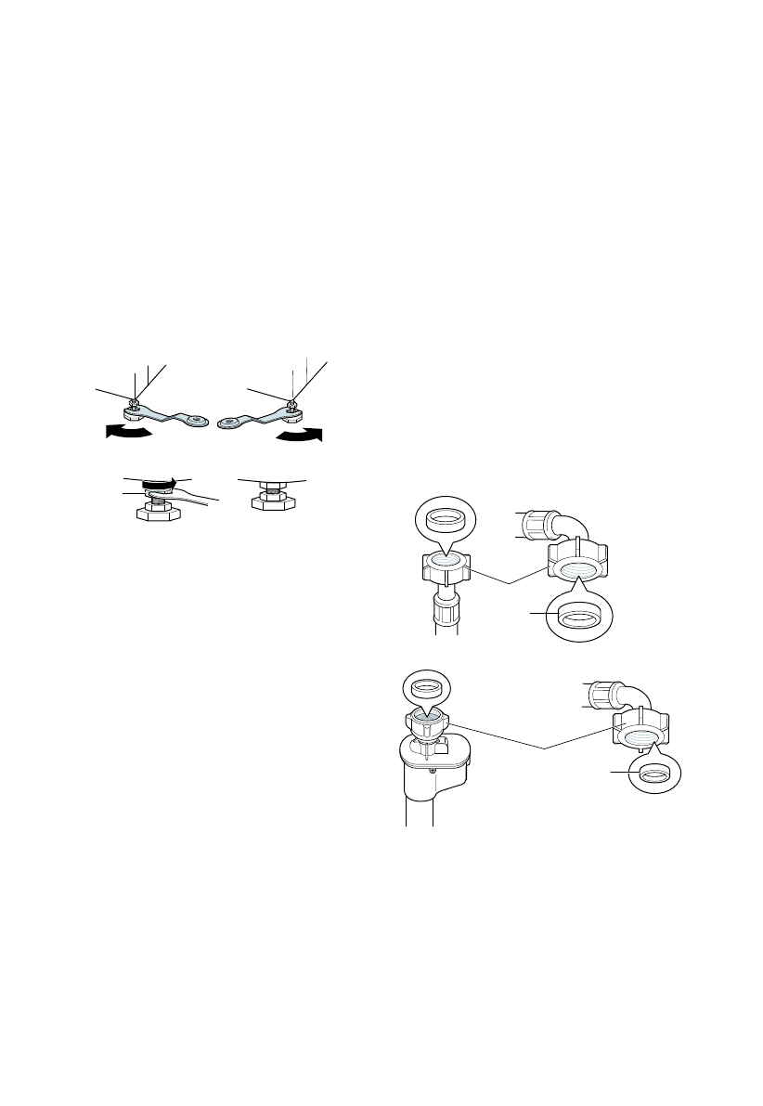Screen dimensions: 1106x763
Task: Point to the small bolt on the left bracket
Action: pyautogui.click(x=136, y=403)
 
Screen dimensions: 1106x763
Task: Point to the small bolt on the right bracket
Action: pyautogui.click(x=293, y=403)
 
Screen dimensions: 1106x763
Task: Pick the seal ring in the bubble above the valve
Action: pyautogui.click(x=426, y=687)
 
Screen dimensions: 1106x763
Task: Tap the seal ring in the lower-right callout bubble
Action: pyautogui.click(x=653, y=773)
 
